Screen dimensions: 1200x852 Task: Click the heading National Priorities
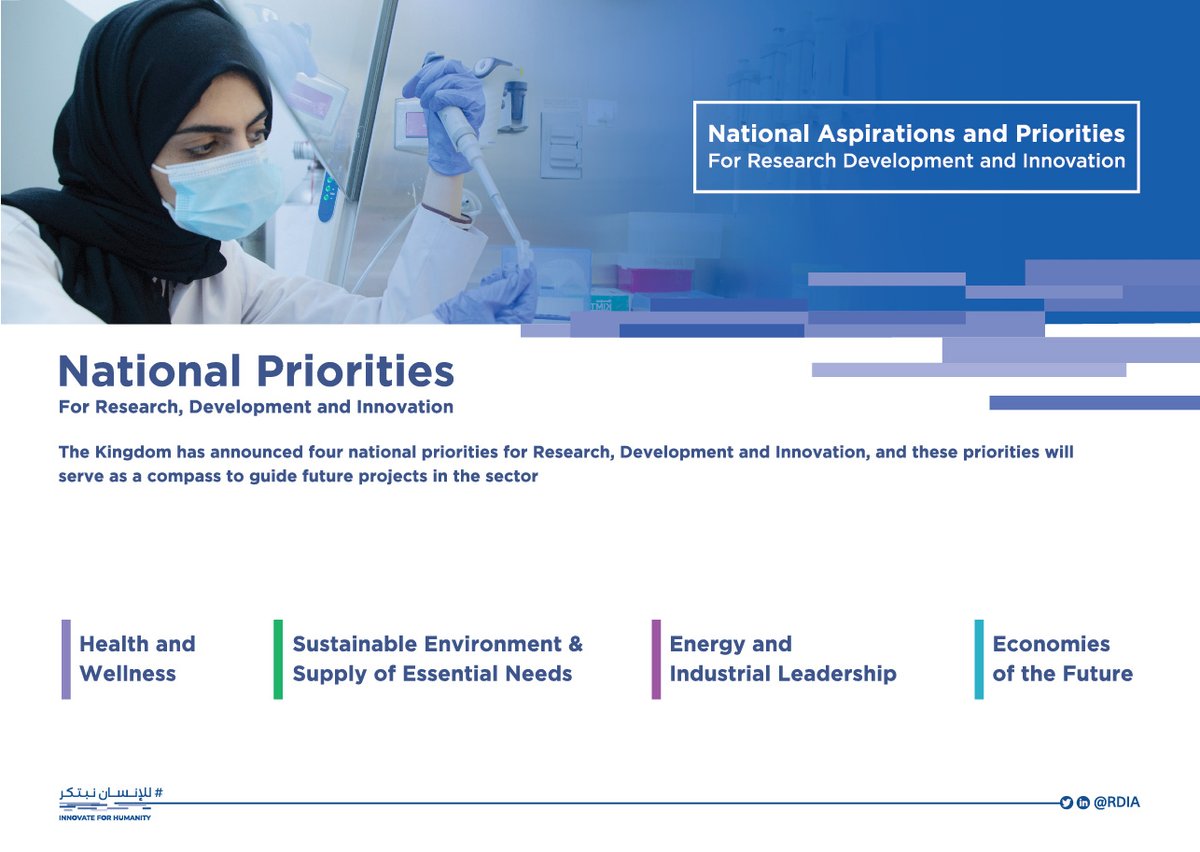[256, 371]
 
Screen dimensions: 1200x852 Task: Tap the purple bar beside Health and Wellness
[66, 659]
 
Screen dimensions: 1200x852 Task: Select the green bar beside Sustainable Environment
[278, 659]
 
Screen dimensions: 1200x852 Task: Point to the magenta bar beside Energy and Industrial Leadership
[656, 659]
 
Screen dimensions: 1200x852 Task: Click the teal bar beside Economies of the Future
[979, 659]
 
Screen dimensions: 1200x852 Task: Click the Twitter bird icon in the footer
[1066, 802]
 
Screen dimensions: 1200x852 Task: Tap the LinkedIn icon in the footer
[1083, 802]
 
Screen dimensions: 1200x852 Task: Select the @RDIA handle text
[1117, 802]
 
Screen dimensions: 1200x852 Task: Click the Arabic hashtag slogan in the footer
[111, 793]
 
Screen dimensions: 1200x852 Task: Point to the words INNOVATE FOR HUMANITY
[105, 818]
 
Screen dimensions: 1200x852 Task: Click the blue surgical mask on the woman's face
[220, 192]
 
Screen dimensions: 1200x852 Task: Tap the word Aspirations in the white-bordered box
[887, 134]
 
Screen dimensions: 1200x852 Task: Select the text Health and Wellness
[137, 659]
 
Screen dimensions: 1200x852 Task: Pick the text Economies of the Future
[1063, 659]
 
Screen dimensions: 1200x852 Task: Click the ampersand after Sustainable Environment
[575, 644]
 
